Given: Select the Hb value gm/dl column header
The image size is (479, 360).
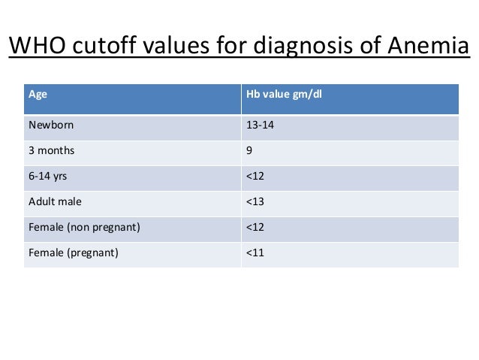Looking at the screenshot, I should [x=279, y=95].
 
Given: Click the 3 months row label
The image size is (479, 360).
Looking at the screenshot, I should [x=51, y=150].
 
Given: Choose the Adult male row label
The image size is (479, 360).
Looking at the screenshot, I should [x=55, y=201].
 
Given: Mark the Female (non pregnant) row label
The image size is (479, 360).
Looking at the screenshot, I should [x=83, y=227].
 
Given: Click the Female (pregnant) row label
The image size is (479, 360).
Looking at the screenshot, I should [x=73, y=253].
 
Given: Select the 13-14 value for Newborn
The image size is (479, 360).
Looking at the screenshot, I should [x=260, y=125].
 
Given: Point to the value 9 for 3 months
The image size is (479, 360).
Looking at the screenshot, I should [x=249, y=150].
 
